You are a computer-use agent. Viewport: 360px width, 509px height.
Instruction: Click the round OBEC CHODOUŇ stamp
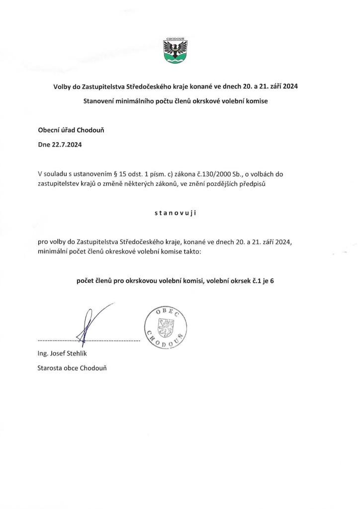(x=165, y=327)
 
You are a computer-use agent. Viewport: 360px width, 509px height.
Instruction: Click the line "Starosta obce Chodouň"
(x=72, y=368)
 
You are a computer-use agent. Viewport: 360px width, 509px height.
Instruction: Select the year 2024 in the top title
(x=288, y=86)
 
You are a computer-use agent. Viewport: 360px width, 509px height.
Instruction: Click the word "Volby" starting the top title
(x=63, y=86)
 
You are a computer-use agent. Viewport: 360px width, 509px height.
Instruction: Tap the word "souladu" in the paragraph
(x=56, y=174)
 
